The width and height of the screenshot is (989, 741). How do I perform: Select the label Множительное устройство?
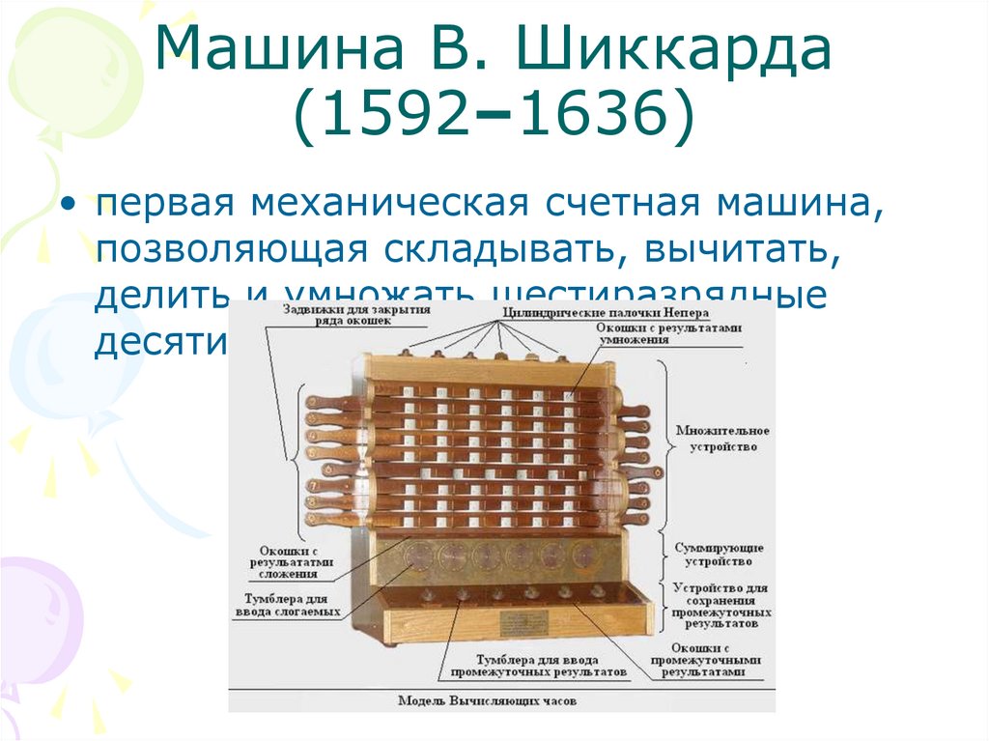(722, 438)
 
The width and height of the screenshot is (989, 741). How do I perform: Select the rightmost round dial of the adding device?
(582, 555)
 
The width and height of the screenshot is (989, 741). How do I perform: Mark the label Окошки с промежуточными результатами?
(711, 659)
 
